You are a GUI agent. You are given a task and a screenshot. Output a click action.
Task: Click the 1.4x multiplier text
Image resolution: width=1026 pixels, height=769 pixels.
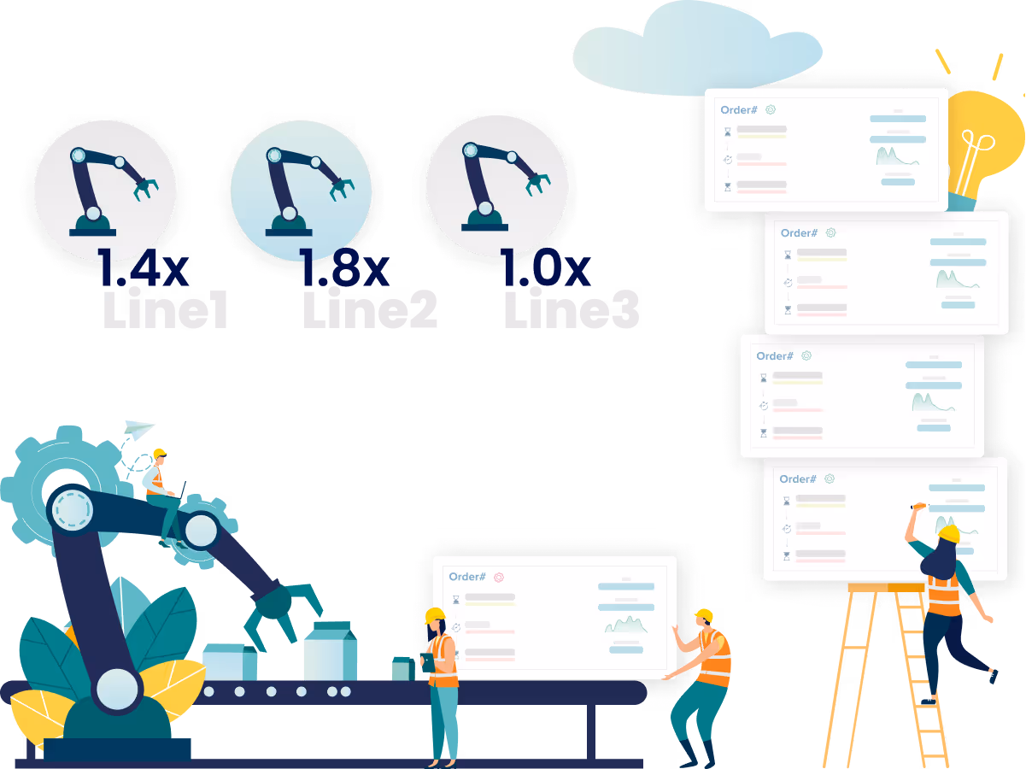[x=143, y=268]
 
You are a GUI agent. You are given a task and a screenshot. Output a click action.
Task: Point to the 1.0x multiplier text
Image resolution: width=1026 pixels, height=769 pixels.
[x=545, y=268]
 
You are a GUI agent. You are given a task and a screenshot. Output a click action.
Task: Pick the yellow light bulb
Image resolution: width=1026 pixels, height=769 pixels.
[x=982, y=141]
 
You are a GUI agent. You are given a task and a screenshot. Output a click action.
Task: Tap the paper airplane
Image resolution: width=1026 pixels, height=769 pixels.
[x=139, y=430]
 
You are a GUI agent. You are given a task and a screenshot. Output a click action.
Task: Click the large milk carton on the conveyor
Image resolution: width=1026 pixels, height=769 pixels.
[x=331, y=651]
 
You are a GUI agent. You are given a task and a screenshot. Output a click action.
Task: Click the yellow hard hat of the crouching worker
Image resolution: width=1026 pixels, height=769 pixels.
[x=703, y=615]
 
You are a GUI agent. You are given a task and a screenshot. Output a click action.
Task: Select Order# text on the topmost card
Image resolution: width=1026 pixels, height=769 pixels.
[x=739, y=110]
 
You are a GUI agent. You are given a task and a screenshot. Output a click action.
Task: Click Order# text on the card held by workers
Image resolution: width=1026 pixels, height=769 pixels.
[x=467, y=578]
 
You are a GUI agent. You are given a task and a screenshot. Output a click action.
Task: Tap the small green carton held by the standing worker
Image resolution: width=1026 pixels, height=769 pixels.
[x=401, y=668]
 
